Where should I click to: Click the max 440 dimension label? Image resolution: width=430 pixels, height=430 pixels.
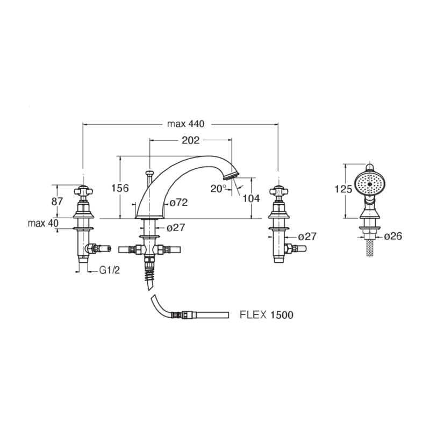pyautogui.click(x=185, y=124)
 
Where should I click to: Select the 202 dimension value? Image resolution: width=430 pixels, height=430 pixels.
pyautogui.click(x=191, y=140)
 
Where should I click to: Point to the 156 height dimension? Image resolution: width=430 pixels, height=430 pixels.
pyautogui.click(x=120, y=188)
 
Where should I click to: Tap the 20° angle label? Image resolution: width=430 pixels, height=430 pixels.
pyautogui.click(x=218, y=189)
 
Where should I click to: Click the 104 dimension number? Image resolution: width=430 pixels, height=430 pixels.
pyautogui.click(x=251, y=198)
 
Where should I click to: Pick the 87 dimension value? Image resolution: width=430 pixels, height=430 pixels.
pyautogui.click(x=57, y=202)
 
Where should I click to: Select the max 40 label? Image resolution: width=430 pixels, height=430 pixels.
pyautogui.click(x=43, y=223)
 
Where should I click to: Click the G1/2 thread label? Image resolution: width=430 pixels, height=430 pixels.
pyautogui.click(x=110, y=270)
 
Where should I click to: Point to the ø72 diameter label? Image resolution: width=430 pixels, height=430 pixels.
pyautogui.click(x=178, y=203)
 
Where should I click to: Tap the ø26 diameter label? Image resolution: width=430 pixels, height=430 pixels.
pyautogui.click(x=393, y=236)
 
